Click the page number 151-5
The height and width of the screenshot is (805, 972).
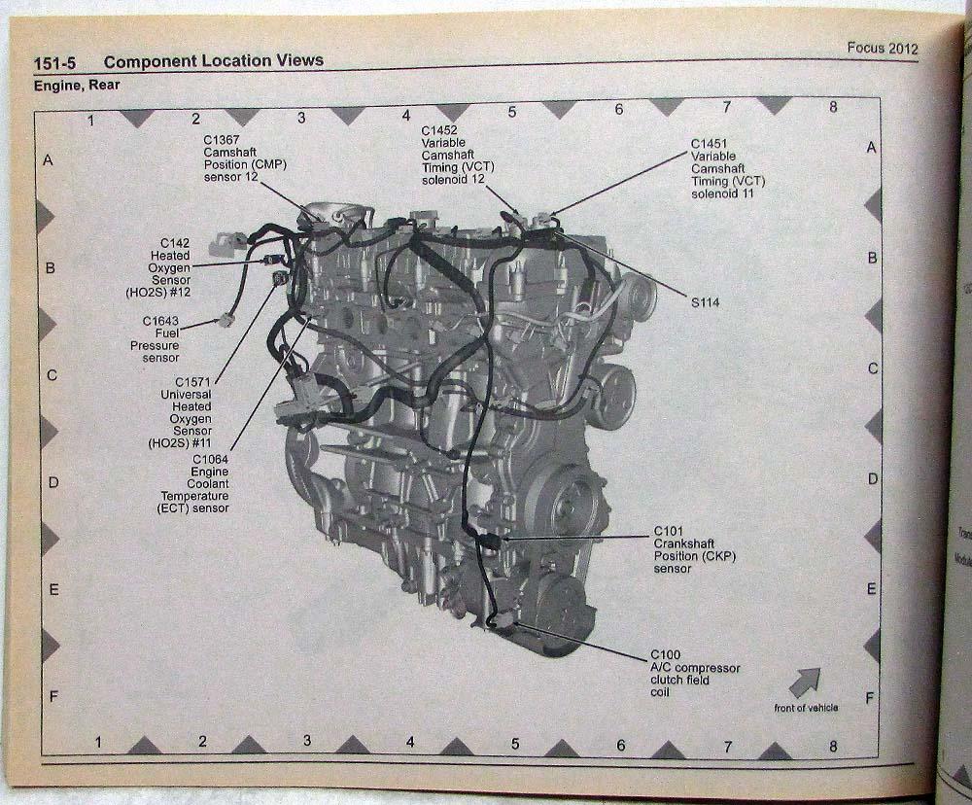click(55, 62)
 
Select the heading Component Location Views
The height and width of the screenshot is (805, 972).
click(213, 61)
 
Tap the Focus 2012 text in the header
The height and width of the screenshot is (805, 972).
click(882, 49)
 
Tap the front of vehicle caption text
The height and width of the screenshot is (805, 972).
click(806, 707)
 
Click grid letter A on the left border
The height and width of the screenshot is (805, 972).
click(48, 158)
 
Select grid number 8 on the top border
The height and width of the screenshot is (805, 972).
click(832, 108)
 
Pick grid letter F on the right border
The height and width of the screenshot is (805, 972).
click(870, 697)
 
